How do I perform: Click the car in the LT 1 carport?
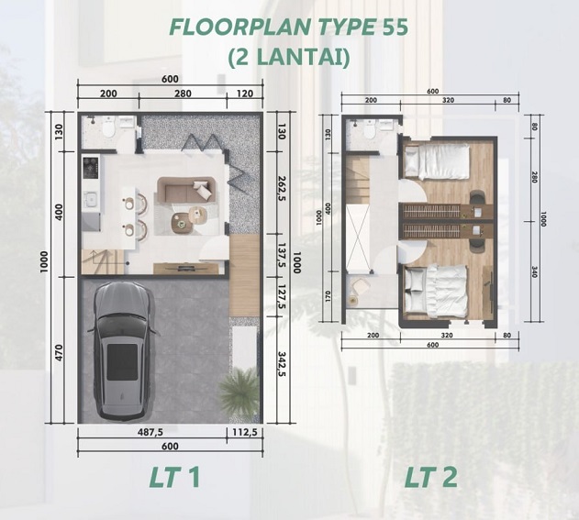click(x=123, y=351)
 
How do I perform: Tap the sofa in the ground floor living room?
click(x=186, y=189)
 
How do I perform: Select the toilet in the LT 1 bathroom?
click(x=109, y=127)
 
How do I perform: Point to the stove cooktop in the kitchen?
click(x=91, y=166)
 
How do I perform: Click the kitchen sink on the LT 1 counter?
click(x=91, y=199)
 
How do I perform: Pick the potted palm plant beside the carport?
click(x=239, y=391)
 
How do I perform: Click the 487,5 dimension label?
click(x=150, y=432)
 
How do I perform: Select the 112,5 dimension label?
click(x=245, y=432)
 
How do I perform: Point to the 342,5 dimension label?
click(x=282, y=363)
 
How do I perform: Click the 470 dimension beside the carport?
click(x=59, y=353)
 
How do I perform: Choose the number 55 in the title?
click(x=395, y=27)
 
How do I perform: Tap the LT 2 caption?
click(x=431, y=477)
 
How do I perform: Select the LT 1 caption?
click(x=174, y=477)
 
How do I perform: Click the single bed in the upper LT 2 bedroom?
click(x=437, y=161)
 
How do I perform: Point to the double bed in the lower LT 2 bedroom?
click(x=436, y=292)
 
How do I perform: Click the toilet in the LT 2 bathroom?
click(x=369, y=129)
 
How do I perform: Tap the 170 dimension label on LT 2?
click(x=328, y=296)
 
